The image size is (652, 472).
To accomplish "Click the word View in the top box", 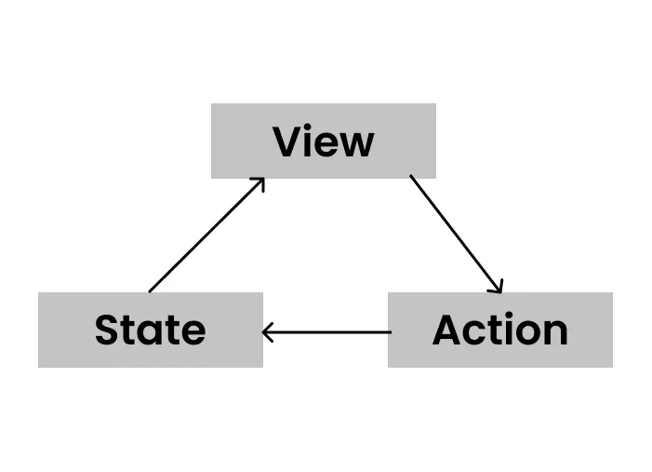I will tap(324, 142).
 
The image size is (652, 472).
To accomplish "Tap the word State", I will tap(150, 330).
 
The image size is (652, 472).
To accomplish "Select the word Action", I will tap(499, 330).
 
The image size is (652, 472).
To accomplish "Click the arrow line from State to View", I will tap(206, 236).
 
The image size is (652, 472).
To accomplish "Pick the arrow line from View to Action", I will tap(456, 234).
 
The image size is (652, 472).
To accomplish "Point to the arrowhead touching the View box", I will tap(260, 182).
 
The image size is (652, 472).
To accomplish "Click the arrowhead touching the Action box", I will tap(498, 288).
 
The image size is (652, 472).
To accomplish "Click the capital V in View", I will tap(288, 142).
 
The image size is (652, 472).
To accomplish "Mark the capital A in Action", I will tap(448, 330).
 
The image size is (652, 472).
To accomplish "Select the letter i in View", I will tap(312, 142).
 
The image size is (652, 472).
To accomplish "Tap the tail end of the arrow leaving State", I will tap(151, 290).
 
